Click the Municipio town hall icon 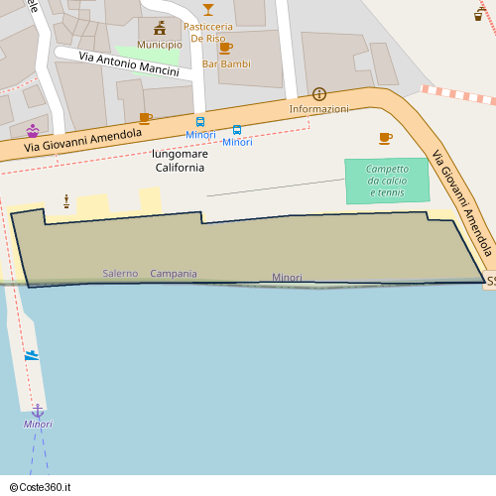(x=160, y=28)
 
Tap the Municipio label (x=160, y=45)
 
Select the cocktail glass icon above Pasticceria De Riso (x=208, y=9)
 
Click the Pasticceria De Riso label (x=209, y=33)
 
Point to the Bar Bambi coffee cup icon (x=225, y=48)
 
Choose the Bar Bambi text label (x=226, y=63)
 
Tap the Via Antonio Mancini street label (x=129, y=64)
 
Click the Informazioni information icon (x=319, y=93)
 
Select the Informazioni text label (x=319, y=108)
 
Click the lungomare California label (x=180, y=161)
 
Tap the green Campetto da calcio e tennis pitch (x=387, y=181)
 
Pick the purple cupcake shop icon (x=33, y=130)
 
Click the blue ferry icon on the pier (x=32, y=355)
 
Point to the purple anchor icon (x=38, y=410)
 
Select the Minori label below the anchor (x=38, y=425)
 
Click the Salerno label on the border (x=120, y=273)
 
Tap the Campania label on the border (x=174, y=273)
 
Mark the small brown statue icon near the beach (x=66, y=201)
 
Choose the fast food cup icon (x=479, y=16)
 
